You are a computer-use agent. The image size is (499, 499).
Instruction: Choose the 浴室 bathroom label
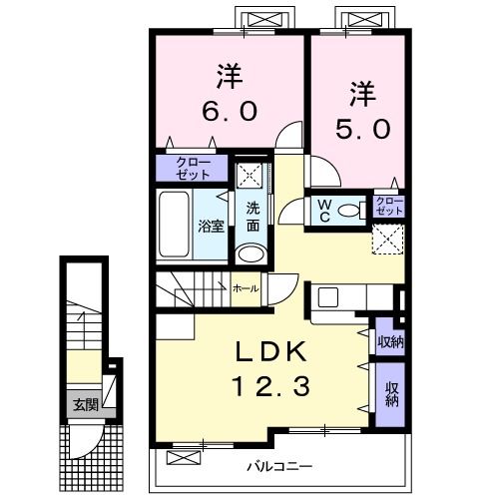tap(211, 226)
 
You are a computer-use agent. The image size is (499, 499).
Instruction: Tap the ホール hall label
tap(246, 287)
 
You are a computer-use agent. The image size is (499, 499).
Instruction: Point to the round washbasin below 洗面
tap(252, 252)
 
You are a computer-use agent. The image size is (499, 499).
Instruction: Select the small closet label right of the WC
tap(389, 207)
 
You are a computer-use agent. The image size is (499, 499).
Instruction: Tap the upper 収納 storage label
tap(390, 340)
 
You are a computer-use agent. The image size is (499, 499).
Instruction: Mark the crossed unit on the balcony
tap(182, 458)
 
